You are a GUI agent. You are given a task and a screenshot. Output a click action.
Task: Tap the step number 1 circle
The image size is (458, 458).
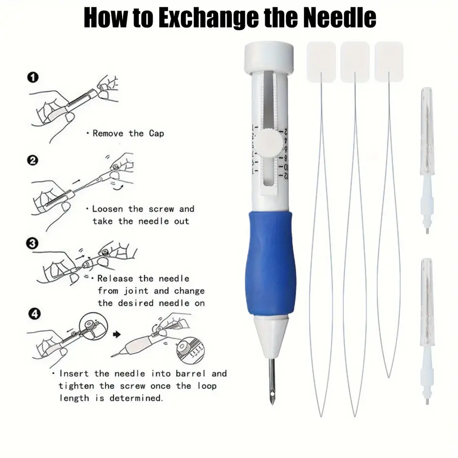[33, 78]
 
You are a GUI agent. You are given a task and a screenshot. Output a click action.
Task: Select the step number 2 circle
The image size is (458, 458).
[32, 160]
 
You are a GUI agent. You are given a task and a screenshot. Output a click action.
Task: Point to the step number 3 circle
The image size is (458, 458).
[32, 244]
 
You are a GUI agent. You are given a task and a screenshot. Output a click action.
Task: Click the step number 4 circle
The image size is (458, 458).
[34, 314]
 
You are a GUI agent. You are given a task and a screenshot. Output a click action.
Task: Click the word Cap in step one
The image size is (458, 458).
[156, 134]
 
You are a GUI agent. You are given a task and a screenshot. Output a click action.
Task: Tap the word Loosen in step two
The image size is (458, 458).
[108, 209]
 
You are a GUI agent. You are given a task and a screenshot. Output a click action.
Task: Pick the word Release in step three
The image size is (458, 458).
[115, 278]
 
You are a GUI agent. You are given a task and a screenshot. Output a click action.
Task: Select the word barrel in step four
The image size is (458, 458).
[190, 374]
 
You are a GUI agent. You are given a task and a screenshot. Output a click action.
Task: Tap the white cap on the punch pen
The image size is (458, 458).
[269, 57]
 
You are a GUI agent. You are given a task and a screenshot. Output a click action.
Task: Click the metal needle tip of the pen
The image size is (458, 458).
[272, 381]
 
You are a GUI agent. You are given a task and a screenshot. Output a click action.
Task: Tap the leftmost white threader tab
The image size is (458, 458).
[321, 62]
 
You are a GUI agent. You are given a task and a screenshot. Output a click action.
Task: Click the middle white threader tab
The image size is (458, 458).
[355, 62]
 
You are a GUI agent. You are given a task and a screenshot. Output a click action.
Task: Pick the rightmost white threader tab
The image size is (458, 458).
[389, 62]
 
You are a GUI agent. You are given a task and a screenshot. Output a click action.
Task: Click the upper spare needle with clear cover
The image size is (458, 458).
[427, 160]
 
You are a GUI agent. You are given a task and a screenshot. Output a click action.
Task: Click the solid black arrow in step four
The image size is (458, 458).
[117, 334]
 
